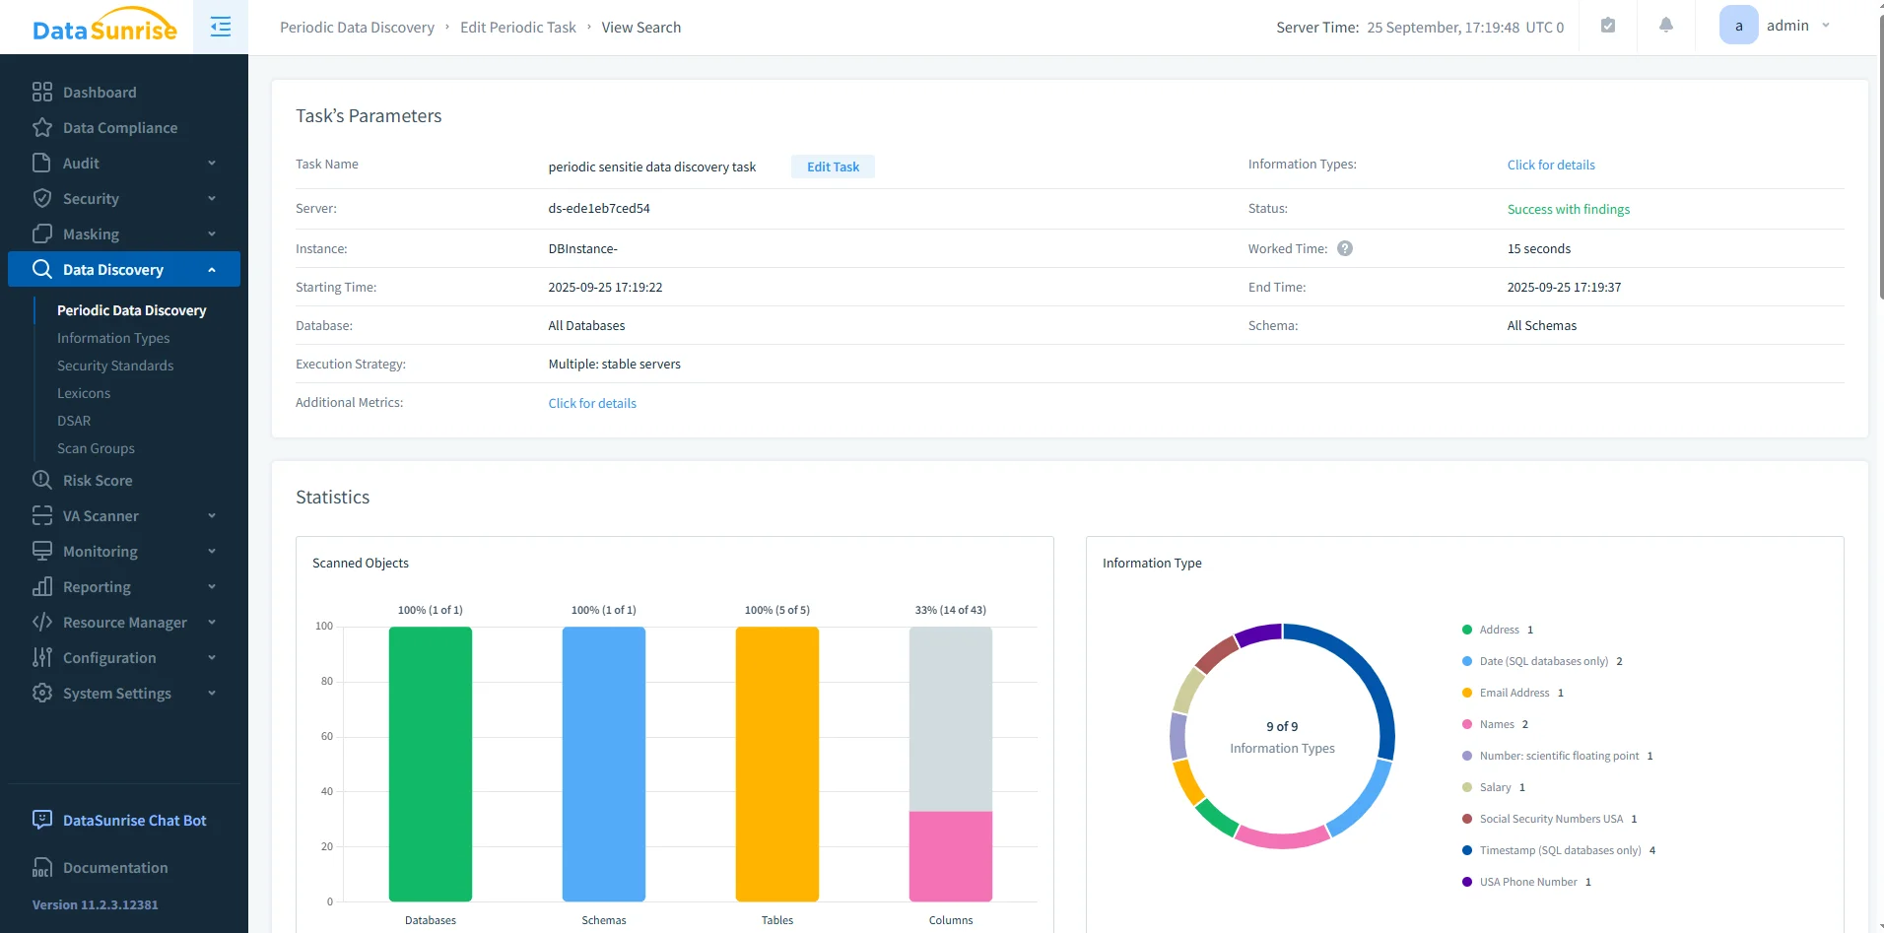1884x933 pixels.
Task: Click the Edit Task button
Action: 833,167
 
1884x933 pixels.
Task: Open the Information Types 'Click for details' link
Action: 1550,165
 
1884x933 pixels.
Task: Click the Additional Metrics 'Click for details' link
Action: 592,403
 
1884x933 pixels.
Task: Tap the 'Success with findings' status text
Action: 1568,209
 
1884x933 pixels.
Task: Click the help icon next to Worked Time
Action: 1344,248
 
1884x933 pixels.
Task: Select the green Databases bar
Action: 431,764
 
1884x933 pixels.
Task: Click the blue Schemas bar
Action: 604,764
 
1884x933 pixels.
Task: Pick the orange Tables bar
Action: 777,764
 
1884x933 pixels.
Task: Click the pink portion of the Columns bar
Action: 951,855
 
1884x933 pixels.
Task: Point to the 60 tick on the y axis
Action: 326,736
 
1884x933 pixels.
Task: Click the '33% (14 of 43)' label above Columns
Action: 950,610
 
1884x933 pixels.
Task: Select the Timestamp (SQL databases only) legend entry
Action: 1559,850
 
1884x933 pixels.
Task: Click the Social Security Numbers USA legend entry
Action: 1550,819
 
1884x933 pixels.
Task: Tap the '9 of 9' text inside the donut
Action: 1282,726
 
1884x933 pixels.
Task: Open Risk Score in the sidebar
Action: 97,481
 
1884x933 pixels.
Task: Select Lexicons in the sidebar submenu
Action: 84,393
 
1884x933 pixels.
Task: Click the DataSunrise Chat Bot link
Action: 134,821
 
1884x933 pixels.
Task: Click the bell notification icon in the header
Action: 1665,26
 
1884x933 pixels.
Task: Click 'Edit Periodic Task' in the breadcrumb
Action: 517,28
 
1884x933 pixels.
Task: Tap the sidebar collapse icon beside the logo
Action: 221,27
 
